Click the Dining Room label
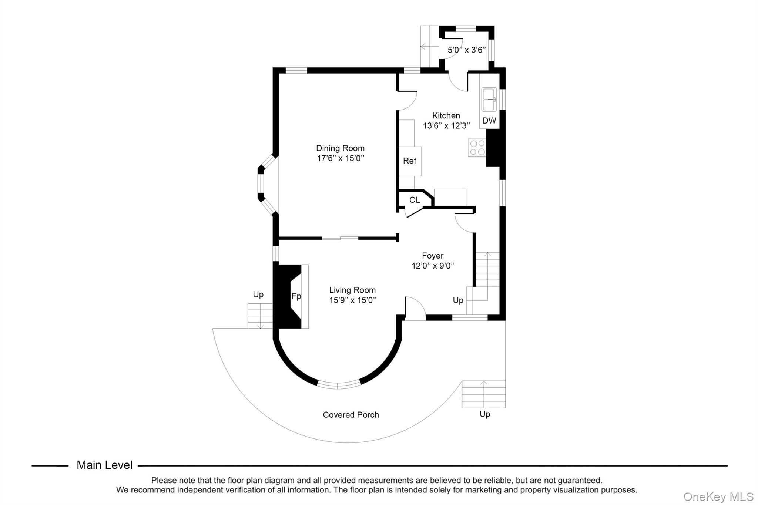(x=340, y=148)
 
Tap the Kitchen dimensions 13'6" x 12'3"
(x=446, y=126)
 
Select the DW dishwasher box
(x=489, y=121)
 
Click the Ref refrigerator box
(x=410, y=161)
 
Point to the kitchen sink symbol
(x=489, y=100)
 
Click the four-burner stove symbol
(x=477, y=148)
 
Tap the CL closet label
(x=415, y=200)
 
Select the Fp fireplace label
(x=296, y=296)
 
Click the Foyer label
(x=433, y=256)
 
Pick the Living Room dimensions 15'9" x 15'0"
(x=353, y=300)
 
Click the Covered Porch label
(x=351, y=415)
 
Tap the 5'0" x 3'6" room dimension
(x=466, y=50)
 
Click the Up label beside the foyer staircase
(x=458, y=300)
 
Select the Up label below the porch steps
(x=484, y=414)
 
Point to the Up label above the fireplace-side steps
(x=258, y=294)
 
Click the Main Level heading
(x=104, y=465)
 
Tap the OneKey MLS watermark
(x=718, y=496)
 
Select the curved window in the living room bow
(x=339, y=385)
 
